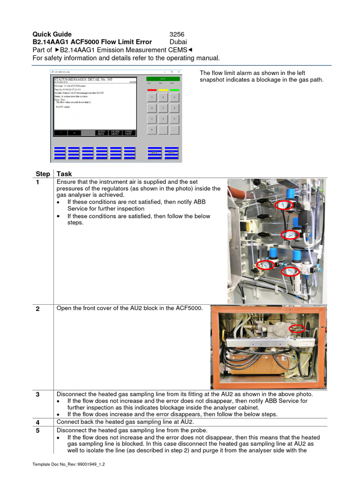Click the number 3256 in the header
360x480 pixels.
tap(178, 34)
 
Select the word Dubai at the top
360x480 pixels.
tap(178, 42)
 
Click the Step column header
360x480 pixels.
tap(43, 174)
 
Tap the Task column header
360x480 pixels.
tap(64, 174)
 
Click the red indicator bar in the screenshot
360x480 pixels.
tap(152, 90)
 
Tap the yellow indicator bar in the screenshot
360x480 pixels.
tap(163, 90)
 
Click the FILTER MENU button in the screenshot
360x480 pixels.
tap(115, 133)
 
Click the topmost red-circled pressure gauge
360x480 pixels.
tap(283, 204)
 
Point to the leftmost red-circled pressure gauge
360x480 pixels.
tap(266, 264)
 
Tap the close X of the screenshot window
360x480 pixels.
tap(179, 72)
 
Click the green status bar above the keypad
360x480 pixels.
tap(163, 79)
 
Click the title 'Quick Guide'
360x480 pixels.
tap(52, 34)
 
